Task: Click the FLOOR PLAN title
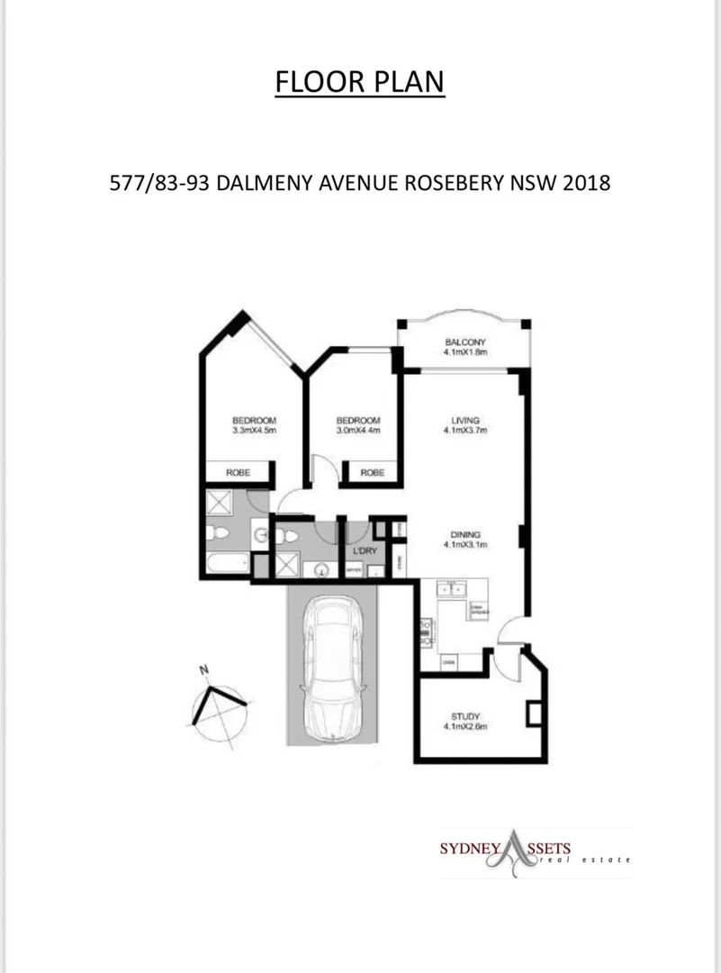click(360, 82)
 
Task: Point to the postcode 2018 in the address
click(588, 183)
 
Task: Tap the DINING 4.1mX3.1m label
click(464, 539)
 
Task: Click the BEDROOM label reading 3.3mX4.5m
click(254, 425)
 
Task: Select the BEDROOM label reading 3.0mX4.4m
click(358, 425)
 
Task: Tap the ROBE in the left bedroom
click(238, 473)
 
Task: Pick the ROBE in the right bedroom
click(372, 473)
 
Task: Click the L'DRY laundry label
click(364, 551)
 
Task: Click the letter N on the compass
click(204, 669)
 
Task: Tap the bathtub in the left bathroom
click(225, 563)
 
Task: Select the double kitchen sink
click(451, 588)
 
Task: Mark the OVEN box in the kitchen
click(447, 663)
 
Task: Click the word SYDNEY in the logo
click(468, 850)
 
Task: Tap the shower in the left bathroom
click(220, 502)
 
